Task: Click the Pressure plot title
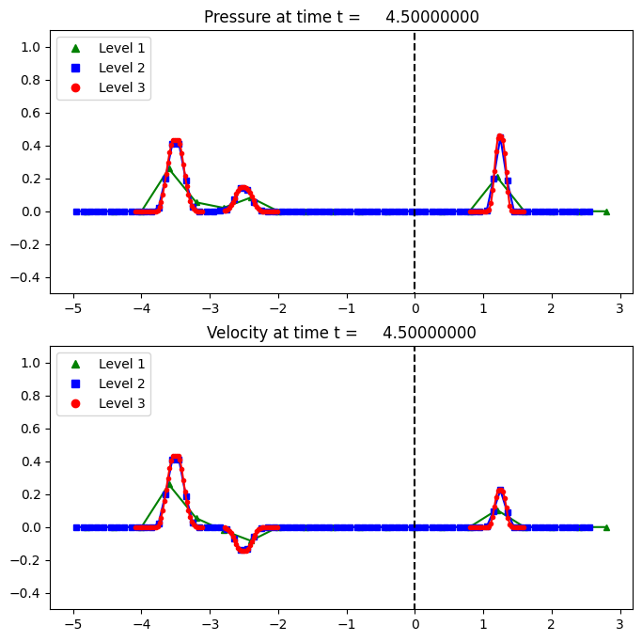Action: pyautogui.click(x=342, y=17)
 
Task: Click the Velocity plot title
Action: pyautogui.click(x=341, y=333)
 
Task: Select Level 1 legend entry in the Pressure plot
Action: pyautogui.click(x=103, y=46)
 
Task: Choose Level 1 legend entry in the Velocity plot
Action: pyautogui.click(x=103, y=362)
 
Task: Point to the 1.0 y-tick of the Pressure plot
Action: pyautogui.click(x=33, y=47)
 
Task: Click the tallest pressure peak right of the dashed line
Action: pyautogui.click(x=500, y=137)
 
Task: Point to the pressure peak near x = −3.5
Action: pyautogui.click(x=176, y=142)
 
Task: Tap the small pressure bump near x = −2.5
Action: pyautogui.click(x=243, y=189)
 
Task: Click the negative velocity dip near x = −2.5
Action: pyautogui.click(x=243, y=550)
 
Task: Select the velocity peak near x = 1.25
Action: pyautogui.click(x=500, y=490)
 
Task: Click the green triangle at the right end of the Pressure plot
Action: pyautogui.click(x=606, y=211)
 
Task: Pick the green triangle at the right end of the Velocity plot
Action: pyautogui.click(x=606, y=527)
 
